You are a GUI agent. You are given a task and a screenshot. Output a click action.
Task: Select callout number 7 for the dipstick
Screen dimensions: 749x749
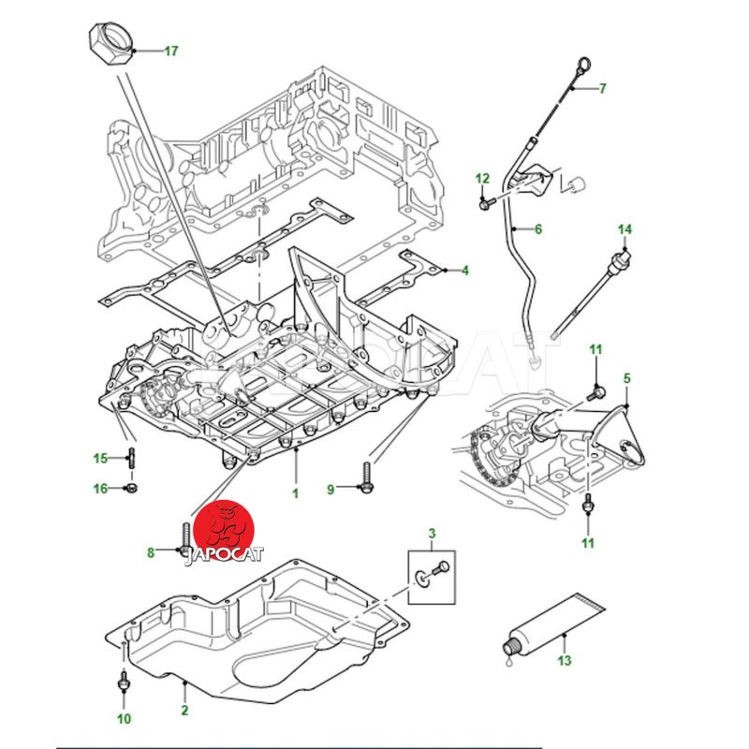click(603, 89)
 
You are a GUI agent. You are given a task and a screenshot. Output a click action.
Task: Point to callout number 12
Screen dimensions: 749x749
click(482, 178)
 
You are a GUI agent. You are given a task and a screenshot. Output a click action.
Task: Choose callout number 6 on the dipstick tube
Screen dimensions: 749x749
click(538, 228)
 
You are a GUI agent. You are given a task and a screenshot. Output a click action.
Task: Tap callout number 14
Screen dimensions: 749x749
click(624, 229)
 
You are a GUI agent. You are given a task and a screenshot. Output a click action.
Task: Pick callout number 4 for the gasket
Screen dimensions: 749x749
click(464, 271)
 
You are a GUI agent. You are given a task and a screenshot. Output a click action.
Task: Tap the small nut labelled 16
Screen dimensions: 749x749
click(132, 488)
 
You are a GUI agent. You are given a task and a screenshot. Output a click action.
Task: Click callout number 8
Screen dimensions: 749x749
click(150, 552)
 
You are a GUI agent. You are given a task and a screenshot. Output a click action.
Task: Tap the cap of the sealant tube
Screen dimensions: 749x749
click(512, 645)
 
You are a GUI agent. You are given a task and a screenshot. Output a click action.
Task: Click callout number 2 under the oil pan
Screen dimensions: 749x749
click(184, 712)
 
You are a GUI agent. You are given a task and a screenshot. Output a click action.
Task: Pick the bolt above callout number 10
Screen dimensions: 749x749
click(124, 683)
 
